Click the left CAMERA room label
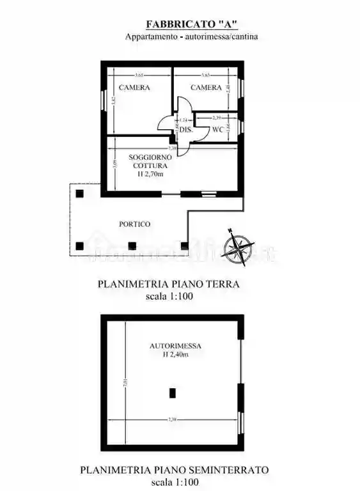134,88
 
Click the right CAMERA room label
207,88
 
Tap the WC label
217,130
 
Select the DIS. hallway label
185,130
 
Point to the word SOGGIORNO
150,157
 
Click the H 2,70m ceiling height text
150,173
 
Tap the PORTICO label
135,224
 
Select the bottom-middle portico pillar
132,245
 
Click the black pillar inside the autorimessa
172,393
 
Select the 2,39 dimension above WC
217,118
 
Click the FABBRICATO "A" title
192,24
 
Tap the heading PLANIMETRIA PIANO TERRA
168,284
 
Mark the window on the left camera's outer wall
103,100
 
